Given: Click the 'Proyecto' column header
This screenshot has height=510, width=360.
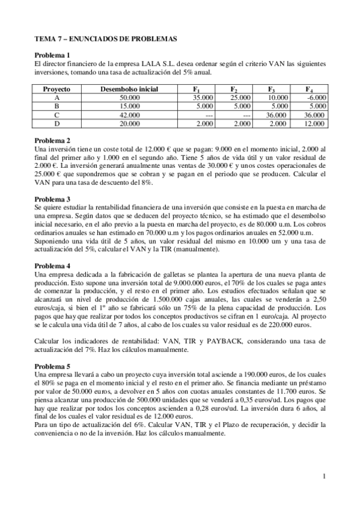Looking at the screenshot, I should click(57, 88).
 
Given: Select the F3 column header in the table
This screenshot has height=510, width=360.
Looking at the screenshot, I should click(272, 88).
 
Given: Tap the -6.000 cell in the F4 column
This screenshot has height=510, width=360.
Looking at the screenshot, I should click(316, 97).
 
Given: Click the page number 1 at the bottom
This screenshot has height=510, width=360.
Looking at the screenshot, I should click(324, 477).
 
